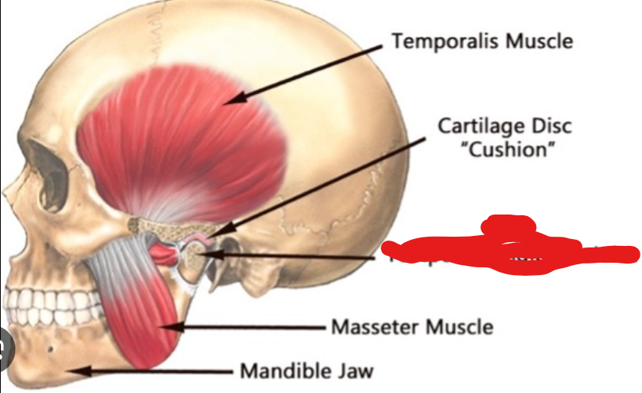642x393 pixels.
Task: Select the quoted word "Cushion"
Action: [x=506, y=149]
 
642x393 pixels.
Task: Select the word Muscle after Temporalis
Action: [x=538, y=40]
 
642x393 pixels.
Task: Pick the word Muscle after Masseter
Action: [x=459, y=327]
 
